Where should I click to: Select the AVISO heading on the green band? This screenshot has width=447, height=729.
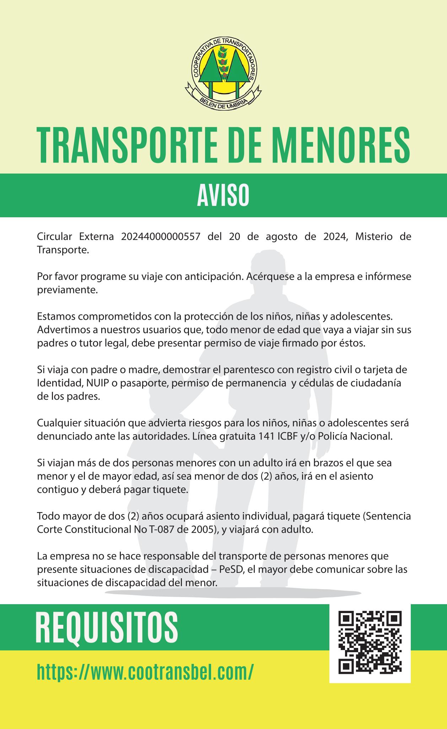pos(223,196)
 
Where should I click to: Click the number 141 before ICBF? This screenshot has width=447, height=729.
pos(266,436)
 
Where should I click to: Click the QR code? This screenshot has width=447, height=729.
pos(370,643)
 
